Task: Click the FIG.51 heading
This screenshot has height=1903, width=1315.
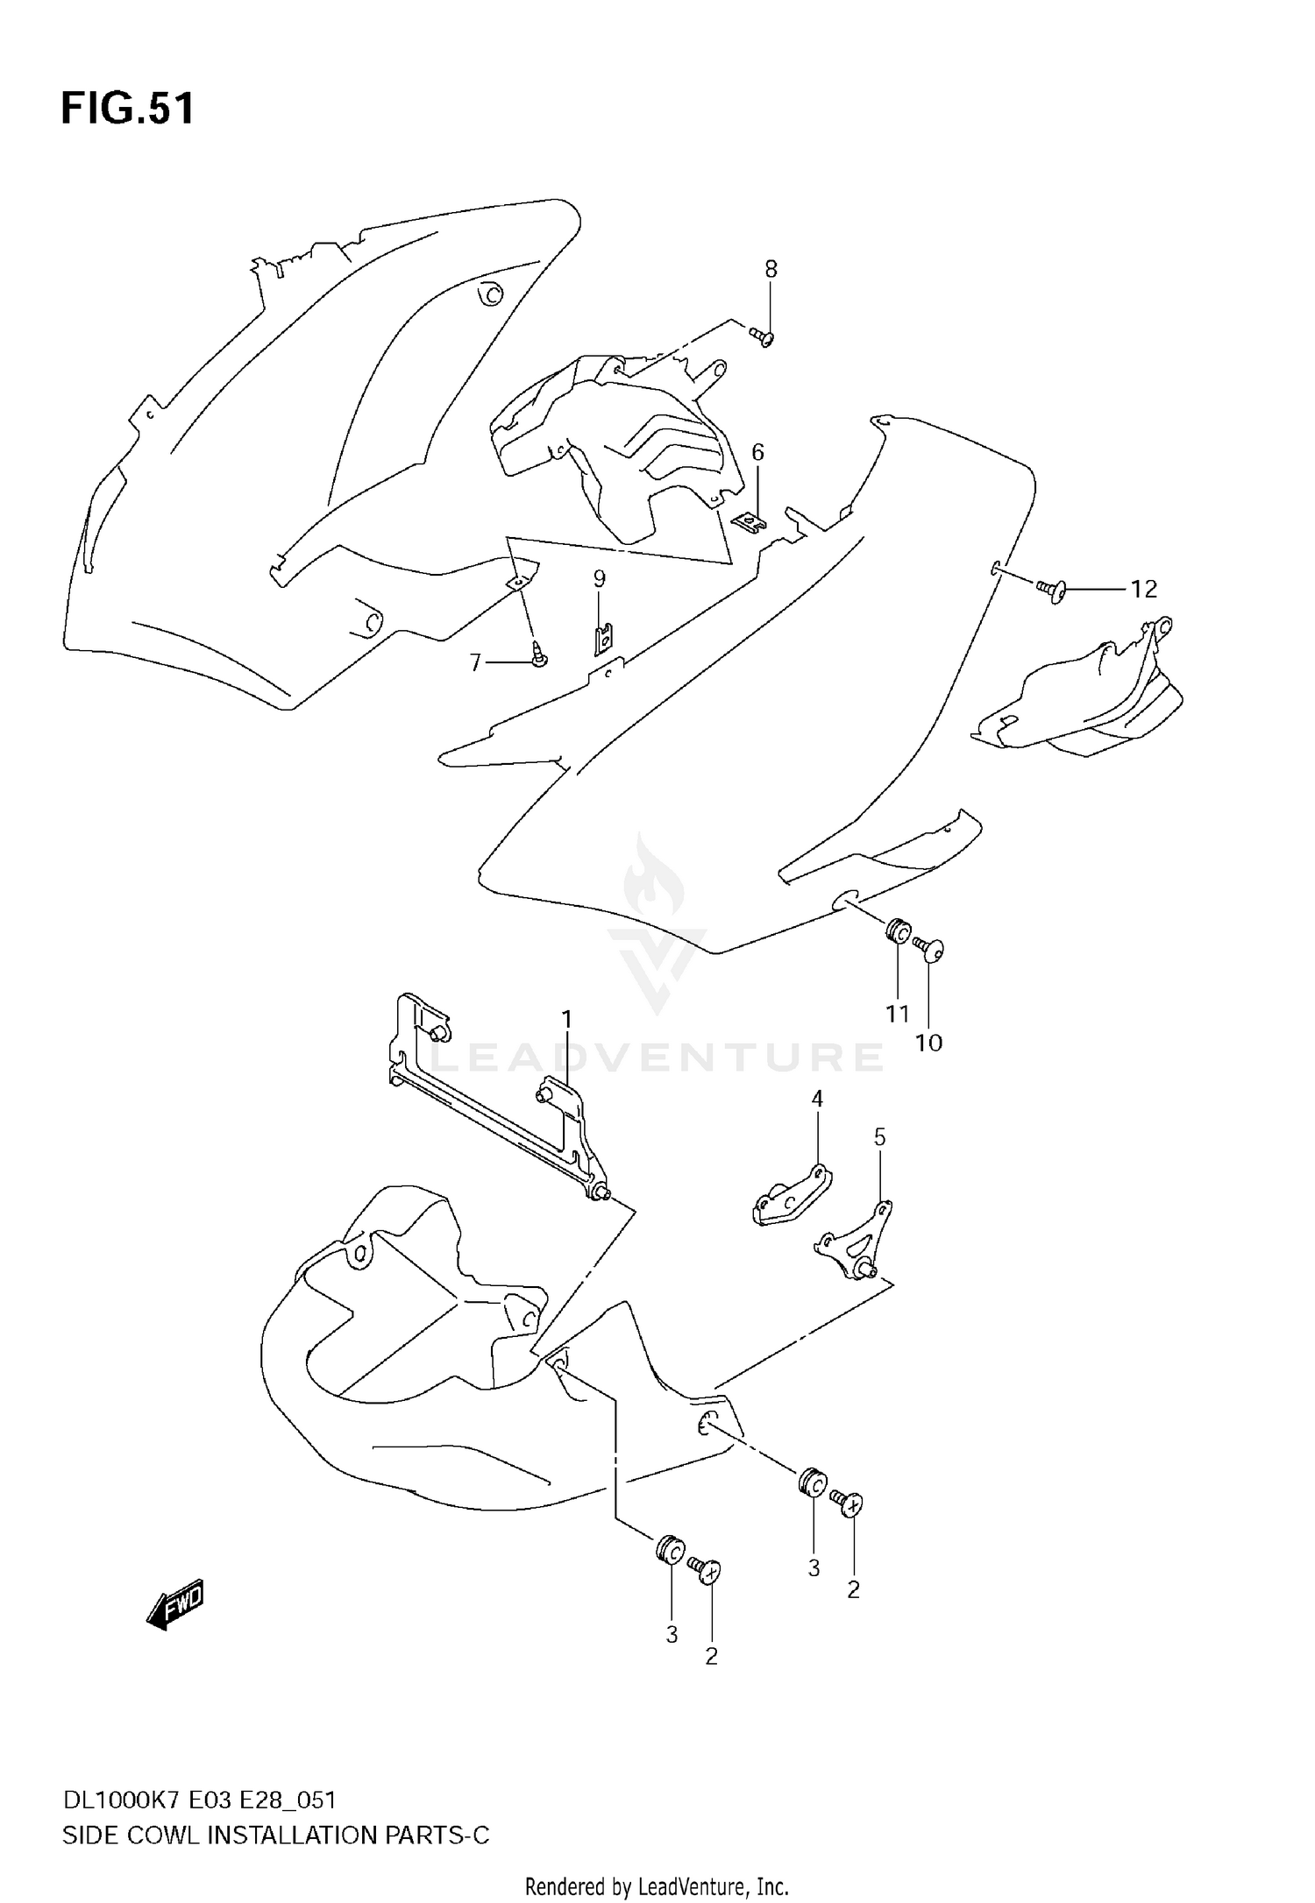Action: coord(127,110)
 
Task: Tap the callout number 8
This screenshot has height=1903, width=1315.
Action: coord(771,269)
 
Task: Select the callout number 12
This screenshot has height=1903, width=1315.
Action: coord(1143,590)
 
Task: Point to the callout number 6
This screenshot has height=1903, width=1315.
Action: coord(757,452)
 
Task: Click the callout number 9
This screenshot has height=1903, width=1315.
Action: coord(599,578)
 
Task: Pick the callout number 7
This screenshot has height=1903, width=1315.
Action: coord(476,662)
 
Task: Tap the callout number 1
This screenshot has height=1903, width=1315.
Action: coord(566,1019)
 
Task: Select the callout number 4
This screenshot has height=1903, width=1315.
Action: coord(817,1099)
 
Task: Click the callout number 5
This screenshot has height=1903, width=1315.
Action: coord(879,1137)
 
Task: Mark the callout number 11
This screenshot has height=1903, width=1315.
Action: coord(897,1014)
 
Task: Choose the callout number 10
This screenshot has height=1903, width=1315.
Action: coord(928,1043)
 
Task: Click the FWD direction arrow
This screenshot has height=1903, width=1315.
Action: coord(175,1604)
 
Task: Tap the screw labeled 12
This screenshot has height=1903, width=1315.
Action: coord(1051,591)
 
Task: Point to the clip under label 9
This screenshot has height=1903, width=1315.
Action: coord(602,637)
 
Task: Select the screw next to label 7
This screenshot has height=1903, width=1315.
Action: coord(537,654)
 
